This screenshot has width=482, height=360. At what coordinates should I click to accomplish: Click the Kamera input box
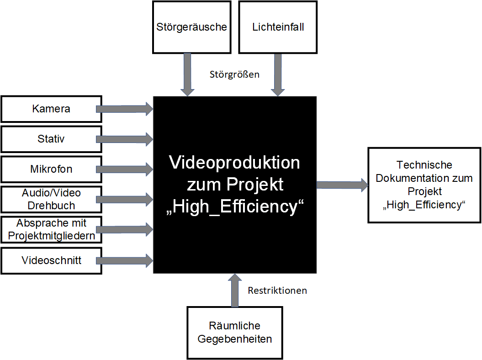coord(51,109)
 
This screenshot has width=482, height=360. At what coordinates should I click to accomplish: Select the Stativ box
coord(51,139)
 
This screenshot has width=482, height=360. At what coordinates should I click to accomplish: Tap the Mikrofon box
coord(51,169)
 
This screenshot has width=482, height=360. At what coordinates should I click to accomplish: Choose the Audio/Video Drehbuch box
coord(51,199)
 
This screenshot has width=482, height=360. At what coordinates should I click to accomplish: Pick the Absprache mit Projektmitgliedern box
coord(51,229)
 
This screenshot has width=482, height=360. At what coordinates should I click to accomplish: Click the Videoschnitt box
coord(51,260)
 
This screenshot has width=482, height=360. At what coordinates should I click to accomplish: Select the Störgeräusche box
coord(191,27)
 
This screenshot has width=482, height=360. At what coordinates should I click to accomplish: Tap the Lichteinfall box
coord(278,27)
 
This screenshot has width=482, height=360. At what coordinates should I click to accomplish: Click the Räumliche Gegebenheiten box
coord(234,332)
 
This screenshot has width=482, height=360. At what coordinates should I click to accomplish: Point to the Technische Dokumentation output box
coord(424,185)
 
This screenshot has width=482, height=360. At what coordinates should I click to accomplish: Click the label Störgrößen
coord(234,74)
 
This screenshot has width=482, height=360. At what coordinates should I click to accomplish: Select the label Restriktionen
coord(277,291)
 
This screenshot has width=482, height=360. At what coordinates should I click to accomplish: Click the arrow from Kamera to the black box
coord(124,109)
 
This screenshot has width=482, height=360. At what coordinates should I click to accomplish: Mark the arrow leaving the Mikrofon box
coord(124,169)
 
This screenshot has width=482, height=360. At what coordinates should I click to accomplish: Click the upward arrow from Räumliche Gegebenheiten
coord(235,291)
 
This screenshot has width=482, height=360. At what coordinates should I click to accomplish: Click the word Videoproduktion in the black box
coord(235,163)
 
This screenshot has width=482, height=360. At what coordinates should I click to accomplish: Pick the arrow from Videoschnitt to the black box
coord(124,261)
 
